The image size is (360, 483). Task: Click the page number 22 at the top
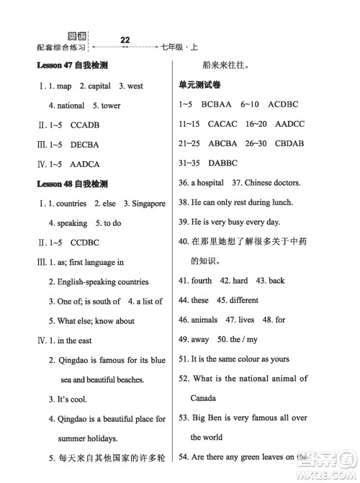point(125,40)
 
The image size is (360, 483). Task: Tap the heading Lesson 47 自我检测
point(72,66)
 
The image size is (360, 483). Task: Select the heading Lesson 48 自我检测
point(72,184)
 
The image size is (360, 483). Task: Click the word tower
point(112,106)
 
